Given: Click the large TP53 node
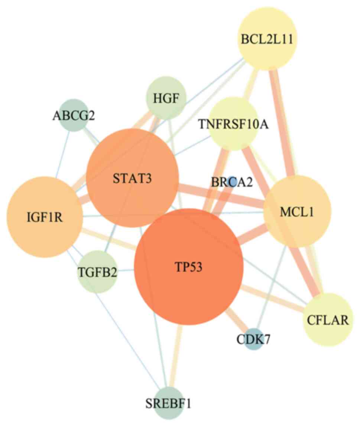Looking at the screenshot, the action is (x=188, y=267).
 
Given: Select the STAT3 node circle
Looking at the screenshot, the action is (x=132, y=178).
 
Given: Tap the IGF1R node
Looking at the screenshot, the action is (x=45, y=217).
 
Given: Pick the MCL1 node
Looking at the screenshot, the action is (x=297, y=212).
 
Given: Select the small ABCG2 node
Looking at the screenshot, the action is (x=74, y=115).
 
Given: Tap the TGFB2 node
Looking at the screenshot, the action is (x=98, y=272).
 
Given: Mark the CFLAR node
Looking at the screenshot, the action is (x=327, y=319).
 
